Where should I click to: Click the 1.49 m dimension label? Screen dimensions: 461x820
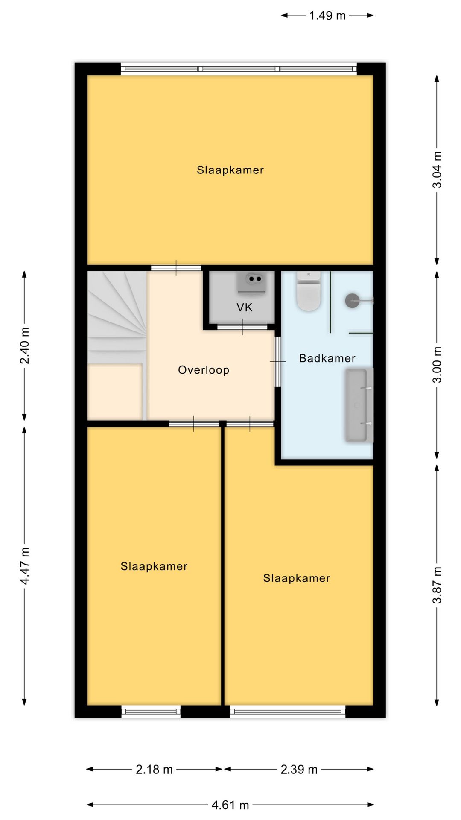327,15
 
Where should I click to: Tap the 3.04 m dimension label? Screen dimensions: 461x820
437,170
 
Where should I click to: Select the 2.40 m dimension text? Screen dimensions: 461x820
25,346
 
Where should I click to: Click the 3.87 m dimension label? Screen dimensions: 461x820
437,585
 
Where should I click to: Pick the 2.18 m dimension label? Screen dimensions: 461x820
154,770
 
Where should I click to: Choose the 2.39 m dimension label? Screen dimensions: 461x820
299,770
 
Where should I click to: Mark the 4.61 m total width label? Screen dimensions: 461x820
230,805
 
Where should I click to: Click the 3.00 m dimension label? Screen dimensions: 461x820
437,365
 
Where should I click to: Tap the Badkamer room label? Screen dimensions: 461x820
327,358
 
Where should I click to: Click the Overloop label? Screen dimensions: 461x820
204,370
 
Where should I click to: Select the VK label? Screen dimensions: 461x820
245,307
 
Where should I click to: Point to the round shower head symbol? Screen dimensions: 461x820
353,300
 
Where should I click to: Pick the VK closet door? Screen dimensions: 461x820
242,327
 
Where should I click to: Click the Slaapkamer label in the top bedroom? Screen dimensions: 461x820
230,170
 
